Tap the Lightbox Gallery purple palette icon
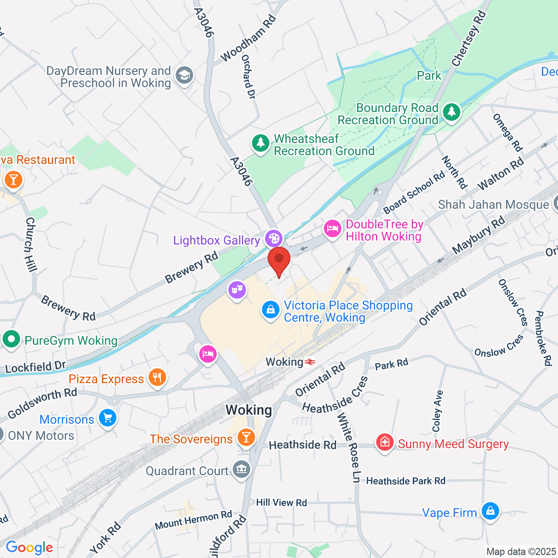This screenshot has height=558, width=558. (x=273, y=239)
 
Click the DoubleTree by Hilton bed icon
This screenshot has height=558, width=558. (x=332, y=229)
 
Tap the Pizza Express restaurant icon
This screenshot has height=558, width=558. (x=157, y=378)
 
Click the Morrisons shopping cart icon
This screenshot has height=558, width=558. (x=108, y=418)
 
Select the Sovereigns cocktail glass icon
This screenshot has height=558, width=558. (x=246, y=437)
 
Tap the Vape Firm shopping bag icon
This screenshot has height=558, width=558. (x=490, y=511)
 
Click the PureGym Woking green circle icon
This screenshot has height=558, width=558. (x=11, y=339)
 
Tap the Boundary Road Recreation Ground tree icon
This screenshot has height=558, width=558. (x=451, y=112)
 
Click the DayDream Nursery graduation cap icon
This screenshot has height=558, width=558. (x=185, y=75)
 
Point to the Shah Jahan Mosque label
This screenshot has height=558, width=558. (x=493, y=205)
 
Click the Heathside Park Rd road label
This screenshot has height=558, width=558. (x=405, y=481)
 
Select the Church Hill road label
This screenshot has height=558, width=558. (x=30, y=244)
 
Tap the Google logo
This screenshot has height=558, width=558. (x=29, y=547)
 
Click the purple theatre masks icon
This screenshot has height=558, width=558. (x=237, y=291)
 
